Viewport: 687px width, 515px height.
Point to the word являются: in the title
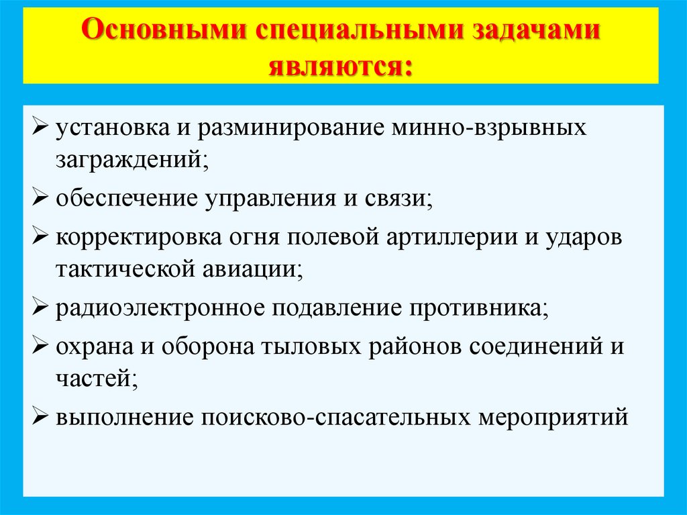click(341, 65)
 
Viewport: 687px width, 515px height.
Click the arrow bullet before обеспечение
click(40, 199)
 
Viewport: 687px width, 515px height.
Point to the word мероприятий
click(553, 417)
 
